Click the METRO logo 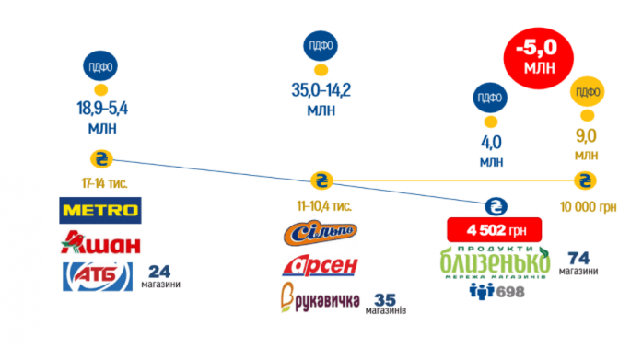pyautogui.click(x=100, y=211)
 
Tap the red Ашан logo pyautogui.click(x=100, y=242)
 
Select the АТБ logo pyautogui.click(x=98, y=276)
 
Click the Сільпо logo pyautogui.click(x=321, y=233)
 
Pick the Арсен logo pyautogui.click(x=320, y=265)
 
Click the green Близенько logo pyautogui.click(x=495, y=261)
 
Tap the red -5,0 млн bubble pyautogui.click(x=539, y=58)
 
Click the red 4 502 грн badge pyautogui.click(x=495, y=230)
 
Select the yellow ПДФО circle pyautogui.click(x=588, y=91)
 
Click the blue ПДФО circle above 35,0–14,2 pyautogui.click(x=321, y=46)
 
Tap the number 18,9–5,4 pyautogui.click(x=102, y=108)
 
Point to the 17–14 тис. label pyautogui.click(x=104, y=183)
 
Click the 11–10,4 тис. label pyautogui.click(x=323, y=206)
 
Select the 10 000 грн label pyautogui.click(x=588, y=207)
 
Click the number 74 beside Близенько pyautogui.click(x=578, y=258)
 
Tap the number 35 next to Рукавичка pyautogui.click(x=385, y=300)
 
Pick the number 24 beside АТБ pyautogui.click(x=159, y=272)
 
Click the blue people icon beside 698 pyautogui.click(x=482, y=292)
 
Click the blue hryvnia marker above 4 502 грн pyautogui.click(x=496, y=206)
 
